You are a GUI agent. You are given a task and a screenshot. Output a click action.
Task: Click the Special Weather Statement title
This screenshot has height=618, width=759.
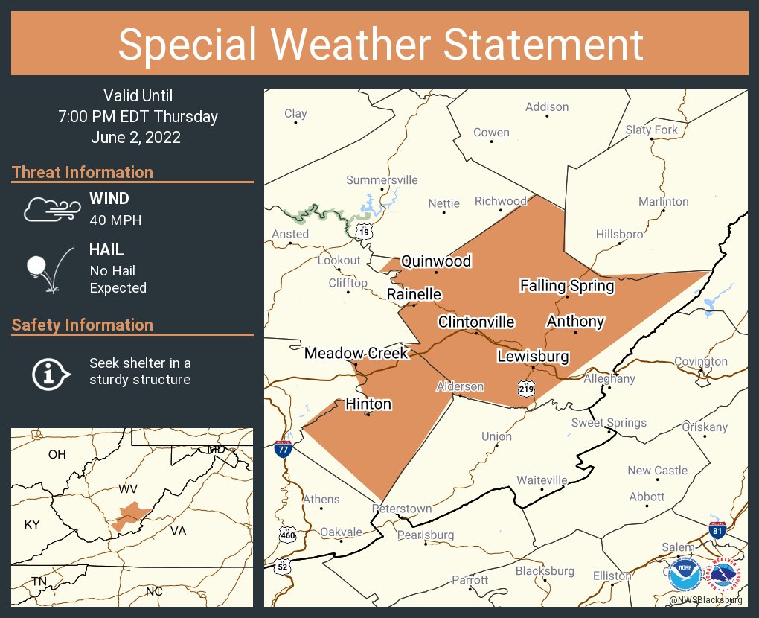pyautogui.click(x=379, y=44)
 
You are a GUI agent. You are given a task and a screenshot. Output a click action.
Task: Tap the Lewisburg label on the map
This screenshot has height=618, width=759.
pyautogui.click(x=533, y=357)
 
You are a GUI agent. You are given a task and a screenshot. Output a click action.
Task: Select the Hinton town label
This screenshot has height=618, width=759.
pyautogui.click(x=368, y=404)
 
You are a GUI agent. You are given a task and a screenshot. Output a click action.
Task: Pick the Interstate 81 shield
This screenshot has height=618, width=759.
pyautogui.click(x=716, y=530)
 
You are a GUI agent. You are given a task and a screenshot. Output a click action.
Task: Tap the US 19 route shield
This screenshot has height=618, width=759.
pyautogui.click(x=363, y=232)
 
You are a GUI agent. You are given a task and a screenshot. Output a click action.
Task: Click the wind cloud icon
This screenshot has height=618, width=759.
pyautogui.click(x=50, y=210)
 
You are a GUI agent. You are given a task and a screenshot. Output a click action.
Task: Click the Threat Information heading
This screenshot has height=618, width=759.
pyautogui.click(x=83, y=173)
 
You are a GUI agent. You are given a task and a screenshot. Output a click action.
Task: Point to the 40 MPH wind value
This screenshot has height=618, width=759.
pyautogui.click(x=115, y=220)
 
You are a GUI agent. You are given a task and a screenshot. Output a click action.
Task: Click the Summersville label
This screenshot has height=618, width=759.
pyautogui.click(x=382, y=180)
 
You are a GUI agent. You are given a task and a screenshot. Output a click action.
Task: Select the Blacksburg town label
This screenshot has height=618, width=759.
pyautogui.click(x=545, y=571)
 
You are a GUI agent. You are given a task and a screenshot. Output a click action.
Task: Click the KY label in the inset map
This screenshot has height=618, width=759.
pyautogui.click(x=32, y=525)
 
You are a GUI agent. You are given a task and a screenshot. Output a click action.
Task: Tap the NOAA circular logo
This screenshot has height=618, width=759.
pyautogui.click(x=684, y=574)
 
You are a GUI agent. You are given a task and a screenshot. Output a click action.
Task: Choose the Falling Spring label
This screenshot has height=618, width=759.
pyautogui.click(x=567, y=286)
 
